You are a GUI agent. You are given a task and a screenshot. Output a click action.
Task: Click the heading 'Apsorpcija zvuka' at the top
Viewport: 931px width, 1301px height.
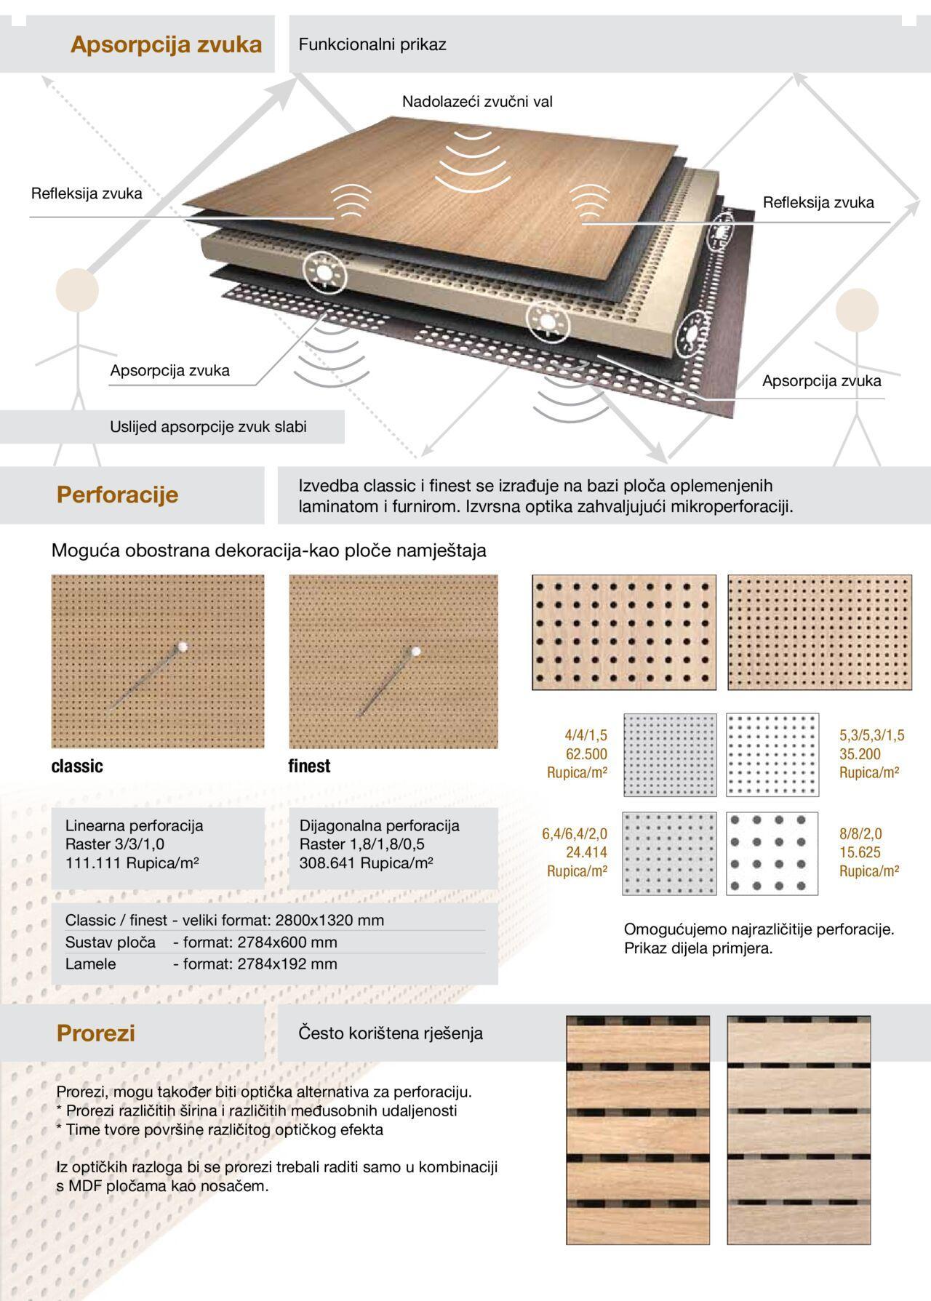coord(166,44)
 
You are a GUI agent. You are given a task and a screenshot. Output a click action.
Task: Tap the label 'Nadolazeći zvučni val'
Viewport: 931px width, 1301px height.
coord(477,102)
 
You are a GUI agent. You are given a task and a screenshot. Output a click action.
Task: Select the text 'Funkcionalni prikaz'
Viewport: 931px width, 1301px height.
coord(372,44)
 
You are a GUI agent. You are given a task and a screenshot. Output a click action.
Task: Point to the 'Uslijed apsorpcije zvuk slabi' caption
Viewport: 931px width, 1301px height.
coord(208,427)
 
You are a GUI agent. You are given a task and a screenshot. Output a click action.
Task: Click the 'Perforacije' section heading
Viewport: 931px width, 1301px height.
coord(117,495)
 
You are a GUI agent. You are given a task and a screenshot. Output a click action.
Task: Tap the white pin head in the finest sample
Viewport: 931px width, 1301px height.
coord(416,651)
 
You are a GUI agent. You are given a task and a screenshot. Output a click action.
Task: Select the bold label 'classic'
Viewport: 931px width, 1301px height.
coord(77,766)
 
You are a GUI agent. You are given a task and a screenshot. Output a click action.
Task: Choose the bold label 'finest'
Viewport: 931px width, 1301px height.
coord(309,766)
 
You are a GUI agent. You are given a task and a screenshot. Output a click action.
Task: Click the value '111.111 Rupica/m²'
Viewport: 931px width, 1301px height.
coord(132,863)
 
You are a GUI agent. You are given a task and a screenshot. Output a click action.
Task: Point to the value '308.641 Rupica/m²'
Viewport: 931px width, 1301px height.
coord(367,863)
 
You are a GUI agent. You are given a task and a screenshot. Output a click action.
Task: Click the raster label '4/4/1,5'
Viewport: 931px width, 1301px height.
coord(586,735)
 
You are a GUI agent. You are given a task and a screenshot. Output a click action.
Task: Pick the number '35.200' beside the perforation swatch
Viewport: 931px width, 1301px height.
coord(860,754)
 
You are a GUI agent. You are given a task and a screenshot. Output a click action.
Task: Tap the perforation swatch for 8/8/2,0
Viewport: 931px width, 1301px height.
coord(772,853)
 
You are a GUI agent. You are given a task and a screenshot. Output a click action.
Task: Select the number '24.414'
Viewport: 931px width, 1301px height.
coord(586,852)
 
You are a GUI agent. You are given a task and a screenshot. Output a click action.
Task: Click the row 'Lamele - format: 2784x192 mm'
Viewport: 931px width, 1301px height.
coord(201,964)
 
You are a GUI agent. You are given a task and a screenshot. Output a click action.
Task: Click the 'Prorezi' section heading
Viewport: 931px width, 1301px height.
coord(96,1033)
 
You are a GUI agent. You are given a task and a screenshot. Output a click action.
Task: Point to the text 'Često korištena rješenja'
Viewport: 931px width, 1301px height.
coord(391,1033)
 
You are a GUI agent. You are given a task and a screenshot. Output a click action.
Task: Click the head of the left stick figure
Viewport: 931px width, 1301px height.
coord(77,289)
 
